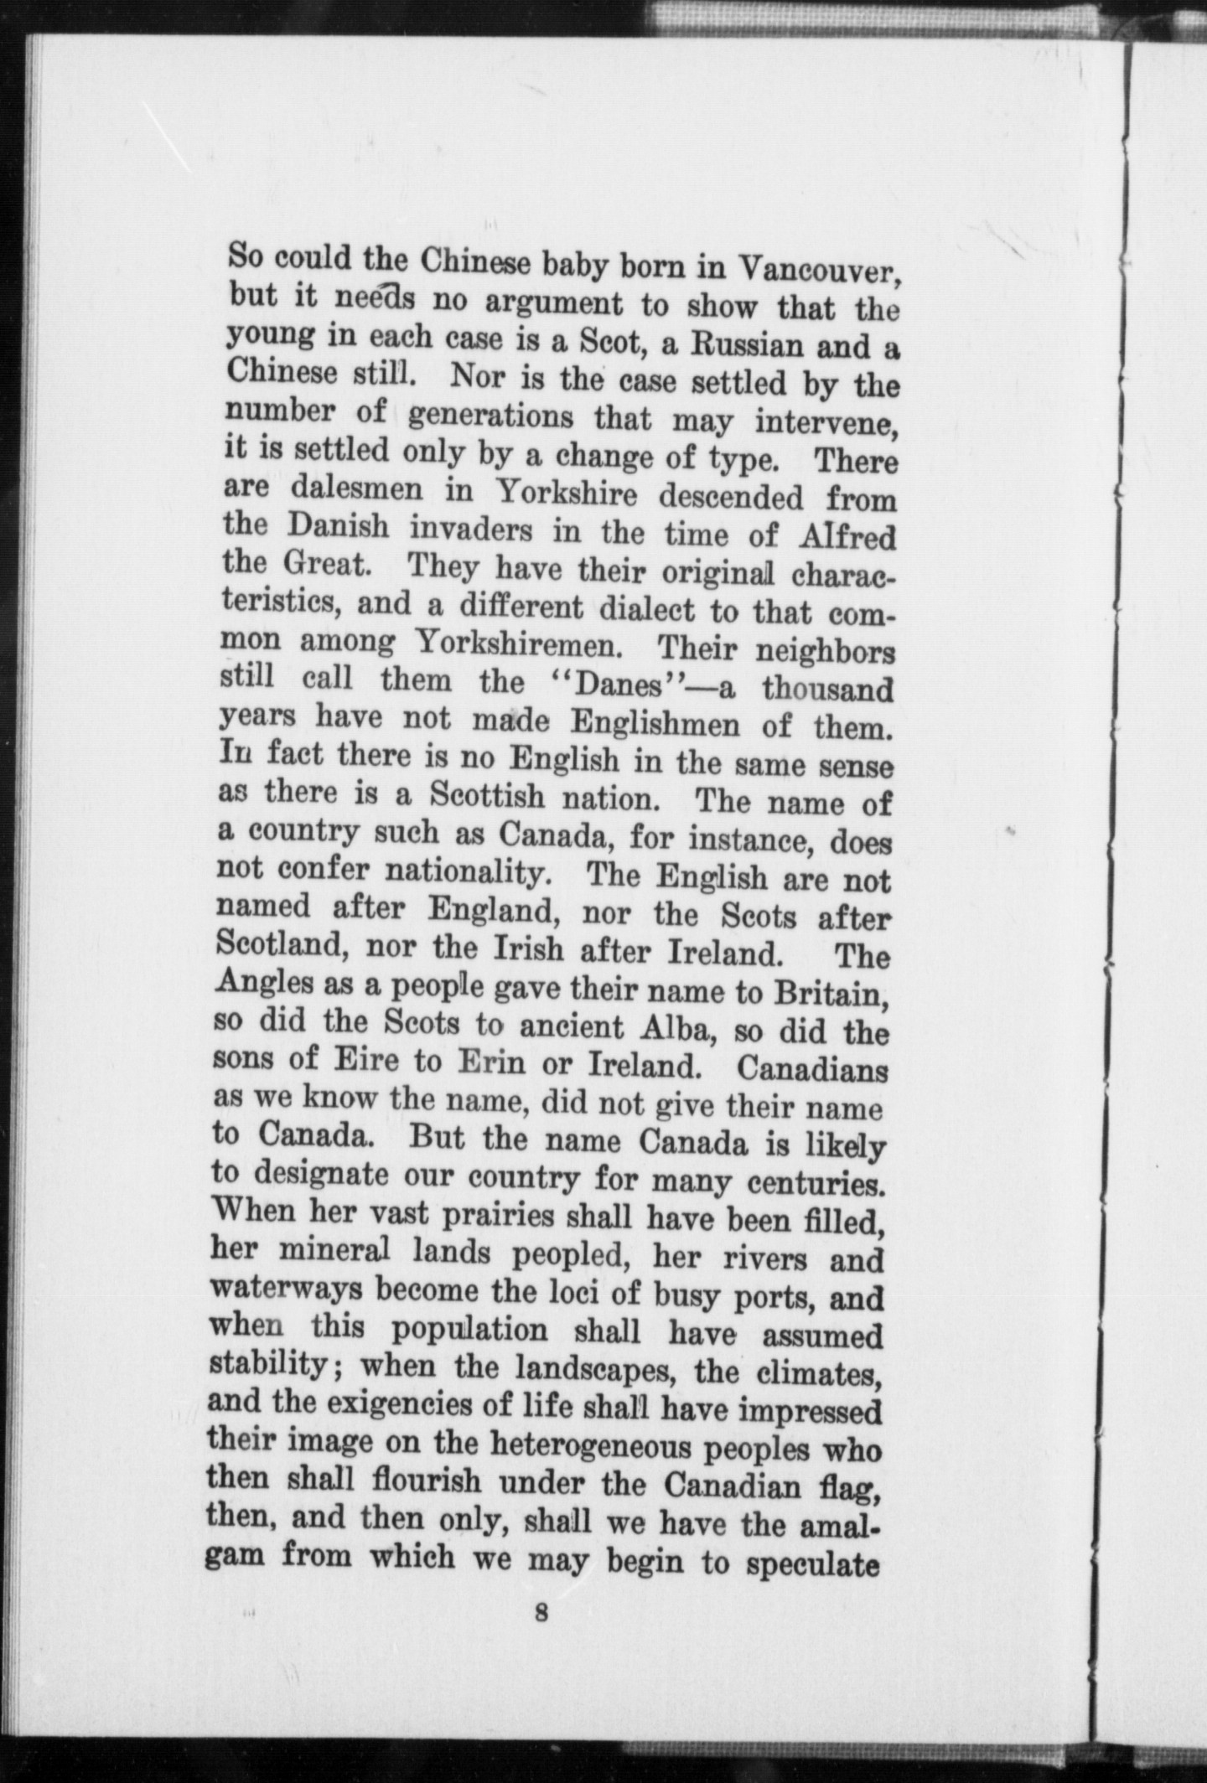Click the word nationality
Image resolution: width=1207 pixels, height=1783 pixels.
tap(466, 871)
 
